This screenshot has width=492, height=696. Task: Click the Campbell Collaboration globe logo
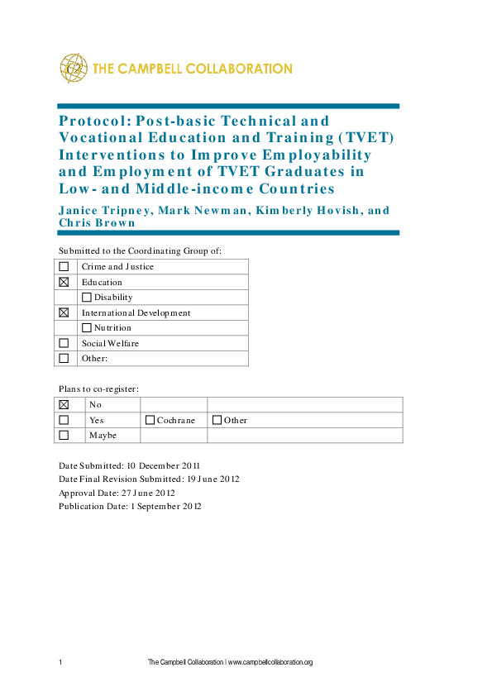tap(74, 68)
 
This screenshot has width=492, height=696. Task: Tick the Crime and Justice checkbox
tap(64, 266)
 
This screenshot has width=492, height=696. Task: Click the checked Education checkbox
tap(64, 282)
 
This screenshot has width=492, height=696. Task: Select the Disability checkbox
tap(87, 298)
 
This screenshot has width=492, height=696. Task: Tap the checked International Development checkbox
tap(64, 313)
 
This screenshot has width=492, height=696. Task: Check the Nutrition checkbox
tap(87, 328)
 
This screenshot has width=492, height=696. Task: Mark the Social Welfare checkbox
tap(64, 343)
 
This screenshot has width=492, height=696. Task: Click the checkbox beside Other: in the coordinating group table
tap(64, 359)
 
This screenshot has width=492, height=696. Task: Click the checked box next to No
tap(64, 404)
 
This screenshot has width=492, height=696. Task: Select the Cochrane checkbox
tap(150, 420)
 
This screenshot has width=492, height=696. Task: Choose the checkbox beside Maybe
tap(64, 435)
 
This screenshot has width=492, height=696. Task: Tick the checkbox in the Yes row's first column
tap(64, 420)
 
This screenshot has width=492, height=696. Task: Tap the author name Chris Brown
tap(98, 222)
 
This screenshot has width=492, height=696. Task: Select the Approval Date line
tap(116, 493)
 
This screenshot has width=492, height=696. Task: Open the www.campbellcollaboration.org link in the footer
tap(270, 662)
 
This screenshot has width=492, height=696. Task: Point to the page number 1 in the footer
tap(60, 662)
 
